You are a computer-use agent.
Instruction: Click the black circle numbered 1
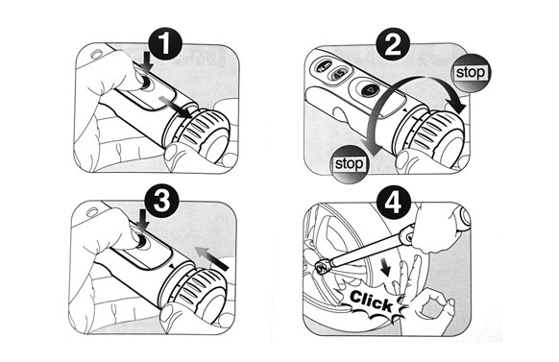(x=164, y=44)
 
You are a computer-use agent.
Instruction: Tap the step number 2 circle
(x=393, y=44)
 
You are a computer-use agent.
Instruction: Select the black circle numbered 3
(x=161, y=202)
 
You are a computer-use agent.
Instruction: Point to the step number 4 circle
(x=393, y=203)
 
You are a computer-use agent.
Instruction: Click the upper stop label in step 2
(x=471, y=73)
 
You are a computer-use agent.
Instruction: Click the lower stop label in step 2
(x=349, y=164)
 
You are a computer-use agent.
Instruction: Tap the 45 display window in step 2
(x=339, y=74)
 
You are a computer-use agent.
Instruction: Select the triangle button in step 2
(x=371, y=90)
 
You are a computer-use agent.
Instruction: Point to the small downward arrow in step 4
(x=386, y=269)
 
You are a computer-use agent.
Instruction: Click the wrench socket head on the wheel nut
(x=324, y=267)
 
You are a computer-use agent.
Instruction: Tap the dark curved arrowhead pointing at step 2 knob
(x=457, y=105)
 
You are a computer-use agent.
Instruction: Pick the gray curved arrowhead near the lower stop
(x=370, y=146)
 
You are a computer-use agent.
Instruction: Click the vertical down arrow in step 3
(x=143, y=220)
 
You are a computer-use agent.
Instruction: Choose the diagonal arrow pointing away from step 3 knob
(x=212, y=258)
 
